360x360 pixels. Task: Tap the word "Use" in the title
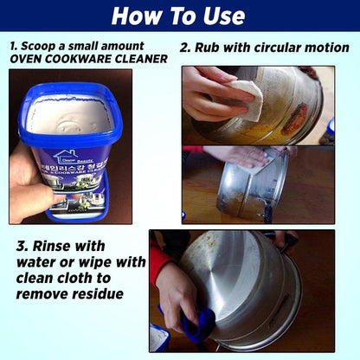point(224,16)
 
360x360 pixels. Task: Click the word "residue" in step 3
point(96,293)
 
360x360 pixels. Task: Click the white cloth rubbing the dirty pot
point(250,99)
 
